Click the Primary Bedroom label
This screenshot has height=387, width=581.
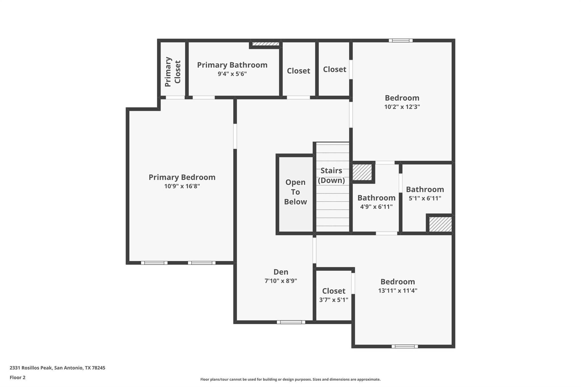[x=182, y=177]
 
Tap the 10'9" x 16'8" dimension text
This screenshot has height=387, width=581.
[x=182, y=186]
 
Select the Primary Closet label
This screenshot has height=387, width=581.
[x=172, y=72]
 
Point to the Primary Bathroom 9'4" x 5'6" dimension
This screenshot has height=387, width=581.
[x=232, y=74]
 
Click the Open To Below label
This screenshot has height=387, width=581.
[x=295, y=192]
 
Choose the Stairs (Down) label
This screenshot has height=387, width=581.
[x=331, y=175]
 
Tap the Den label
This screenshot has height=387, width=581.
[x=281, y=272]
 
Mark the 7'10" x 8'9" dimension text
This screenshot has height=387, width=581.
[x=281, y=281]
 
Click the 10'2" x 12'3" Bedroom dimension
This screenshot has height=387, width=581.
[x=402, y=107]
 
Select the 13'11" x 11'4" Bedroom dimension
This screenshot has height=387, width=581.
[x=397, y=291]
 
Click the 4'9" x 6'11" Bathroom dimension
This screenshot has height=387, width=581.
[x=376, y=207]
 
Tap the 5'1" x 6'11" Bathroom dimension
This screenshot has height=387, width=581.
[x=425, y=198]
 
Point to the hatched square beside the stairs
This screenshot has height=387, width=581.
[x=362, y=172]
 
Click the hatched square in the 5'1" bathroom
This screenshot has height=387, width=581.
[x=440, y=224]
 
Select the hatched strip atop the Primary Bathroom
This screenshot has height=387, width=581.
[x=266, y=44]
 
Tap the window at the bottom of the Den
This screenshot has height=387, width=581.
[x=291, y=322]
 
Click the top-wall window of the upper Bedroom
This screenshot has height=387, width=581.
[x=401, y=41]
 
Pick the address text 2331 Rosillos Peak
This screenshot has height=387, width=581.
[x=57, y=368]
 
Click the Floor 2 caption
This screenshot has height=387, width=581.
[x=18, y=377]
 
